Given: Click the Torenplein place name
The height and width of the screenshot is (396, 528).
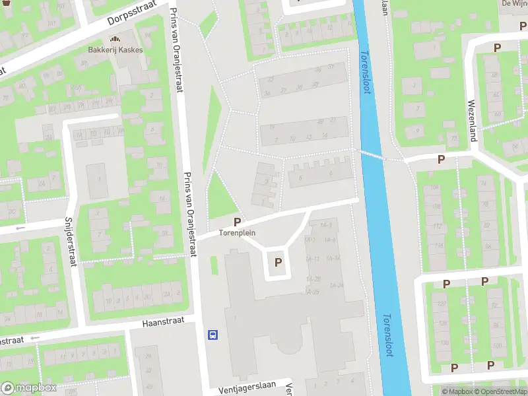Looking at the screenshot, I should tap(237, 233).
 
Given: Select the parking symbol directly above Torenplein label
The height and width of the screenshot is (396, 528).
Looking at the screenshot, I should tap(237, 222).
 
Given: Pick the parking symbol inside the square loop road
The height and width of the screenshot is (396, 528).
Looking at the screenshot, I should tap(279, 263).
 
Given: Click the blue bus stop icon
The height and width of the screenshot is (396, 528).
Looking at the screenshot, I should tap(213, 335).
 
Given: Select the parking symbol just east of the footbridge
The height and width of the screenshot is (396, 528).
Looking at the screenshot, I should tap(441, 159).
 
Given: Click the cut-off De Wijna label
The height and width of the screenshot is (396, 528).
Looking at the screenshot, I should tap(514, 3).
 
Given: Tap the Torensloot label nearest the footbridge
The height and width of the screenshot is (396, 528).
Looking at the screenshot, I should tap(366, 73).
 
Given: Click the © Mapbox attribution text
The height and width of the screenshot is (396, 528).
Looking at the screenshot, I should tap(456, 391).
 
